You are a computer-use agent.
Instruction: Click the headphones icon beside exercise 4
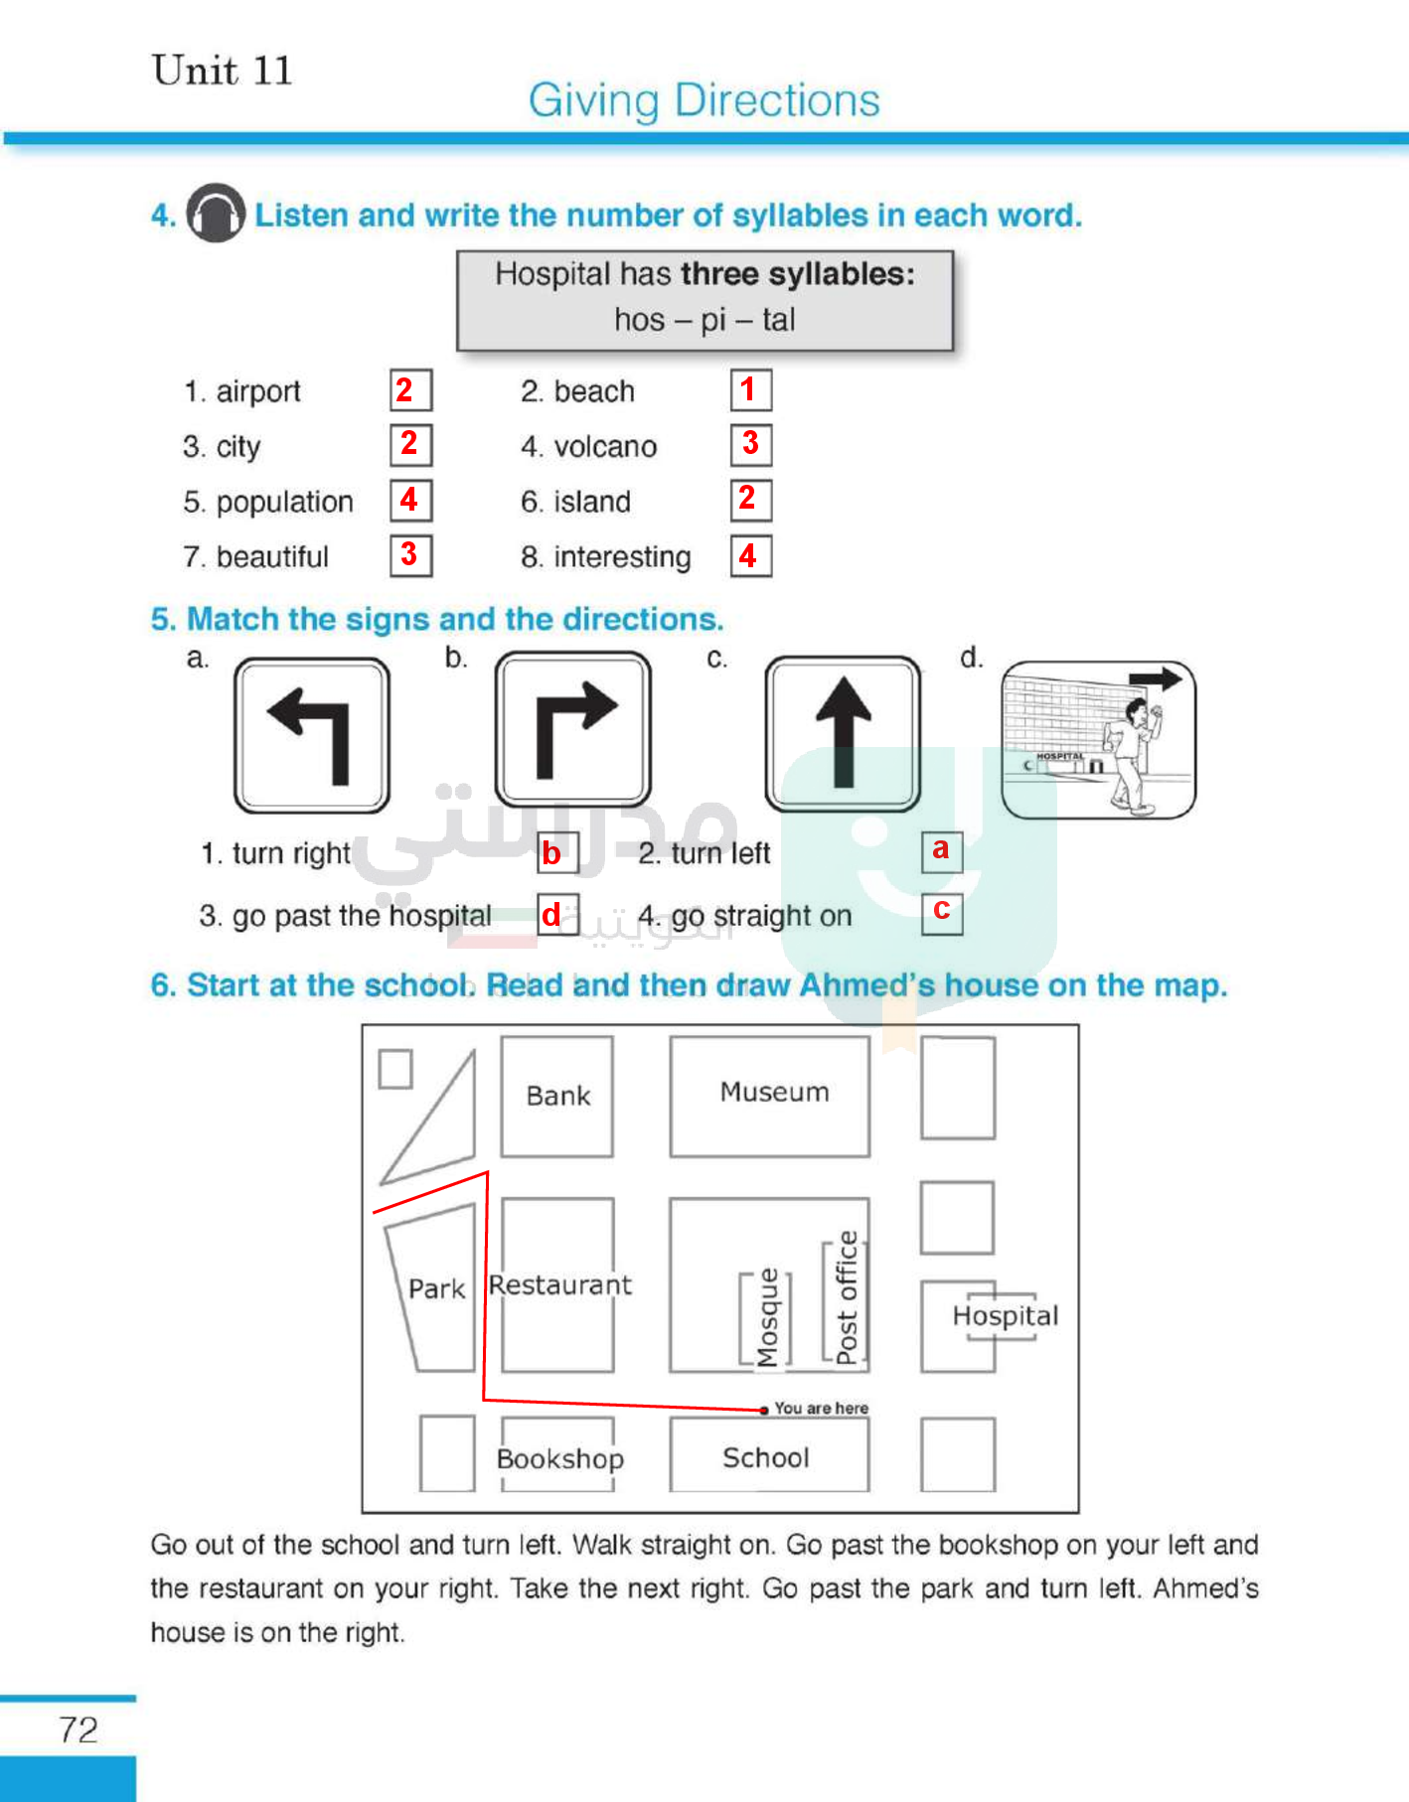(x=216, y=213)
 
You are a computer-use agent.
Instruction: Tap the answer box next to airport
(x=410, y=390)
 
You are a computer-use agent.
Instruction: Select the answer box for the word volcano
(x=751, y=444)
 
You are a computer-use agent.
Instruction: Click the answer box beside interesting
(x=751, y=556)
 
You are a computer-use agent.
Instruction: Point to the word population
(x=284, y=502)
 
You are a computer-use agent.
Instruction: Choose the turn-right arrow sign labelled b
(x=573, y=730)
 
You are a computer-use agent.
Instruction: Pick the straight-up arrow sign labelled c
(x=843, y=733)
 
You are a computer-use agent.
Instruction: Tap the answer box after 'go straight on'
(x=942, y=912)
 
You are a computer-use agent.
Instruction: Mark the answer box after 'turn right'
(x=557, y=853)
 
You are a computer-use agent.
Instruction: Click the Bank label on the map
(x=557, y=1096)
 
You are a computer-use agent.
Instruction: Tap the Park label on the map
(x=436, y=1288)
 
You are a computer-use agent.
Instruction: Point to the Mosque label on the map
(x=767, y=1318)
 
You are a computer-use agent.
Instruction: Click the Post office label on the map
(x=846, y=1297)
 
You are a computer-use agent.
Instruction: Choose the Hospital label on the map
(x=1005, y=1316)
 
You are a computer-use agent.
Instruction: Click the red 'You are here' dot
(x=764, y=1410)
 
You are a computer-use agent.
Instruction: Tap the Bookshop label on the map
(x=559, y=1458)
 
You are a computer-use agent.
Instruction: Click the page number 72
(x=78, y=1729)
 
